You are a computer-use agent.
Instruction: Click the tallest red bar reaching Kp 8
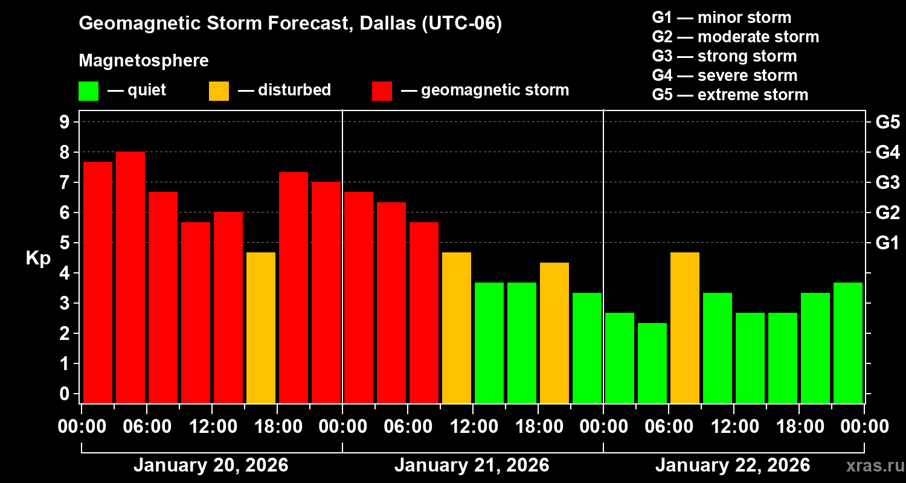(130, 277)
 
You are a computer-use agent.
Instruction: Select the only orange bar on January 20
(261, 327)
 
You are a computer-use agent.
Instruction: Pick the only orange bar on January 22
(685, 327)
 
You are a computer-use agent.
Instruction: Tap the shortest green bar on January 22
(652, 363)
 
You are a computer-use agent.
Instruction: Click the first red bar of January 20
(98, 282)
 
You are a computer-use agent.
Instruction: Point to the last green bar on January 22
(848, 342)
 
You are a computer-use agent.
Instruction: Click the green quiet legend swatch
(88, 91)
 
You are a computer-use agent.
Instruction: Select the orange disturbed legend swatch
(219, 91)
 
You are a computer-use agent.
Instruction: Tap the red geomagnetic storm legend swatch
(382, 91)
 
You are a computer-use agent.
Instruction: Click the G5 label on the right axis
(887, 122)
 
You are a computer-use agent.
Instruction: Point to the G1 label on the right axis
(887, 243)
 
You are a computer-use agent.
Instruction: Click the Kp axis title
(38, 258)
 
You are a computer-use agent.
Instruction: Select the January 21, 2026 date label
(472, 465)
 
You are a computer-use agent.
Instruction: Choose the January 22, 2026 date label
(733, 465)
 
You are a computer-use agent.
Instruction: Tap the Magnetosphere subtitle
(144, 61)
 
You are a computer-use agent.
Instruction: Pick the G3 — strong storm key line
(724, 56)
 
